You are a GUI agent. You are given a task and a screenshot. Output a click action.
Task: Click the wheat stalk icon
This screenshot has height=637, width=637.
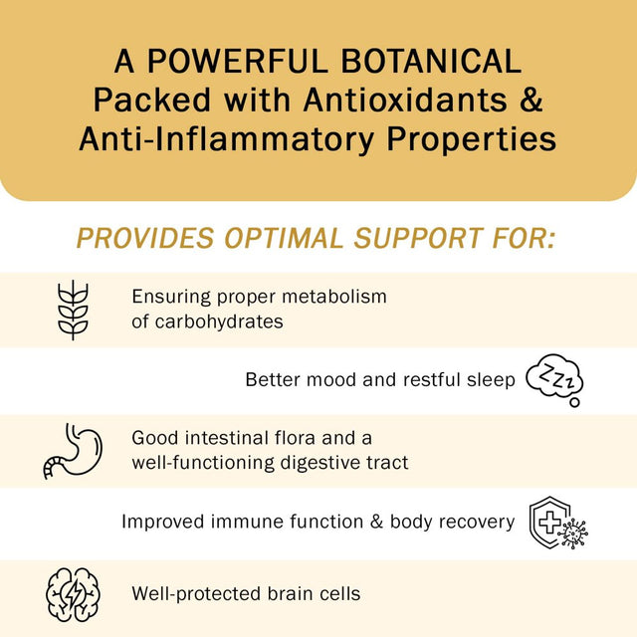click(73, 310)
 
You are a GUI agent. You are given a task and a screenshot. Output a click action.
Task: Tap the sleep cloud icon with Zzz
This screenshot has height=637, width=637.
click(554, 379)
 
